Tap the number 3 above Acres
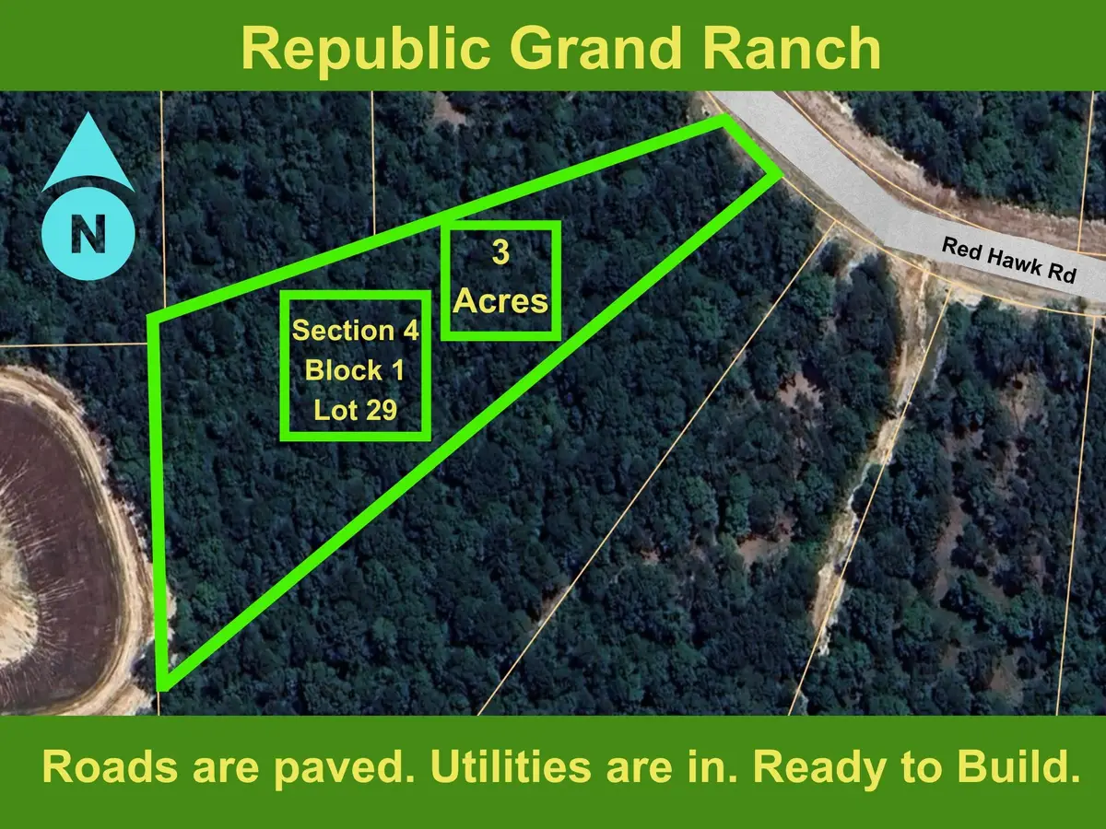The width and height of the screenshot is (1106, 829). tap(500, 254)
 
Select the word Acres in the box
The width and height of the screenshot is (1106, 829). tap(500, 300)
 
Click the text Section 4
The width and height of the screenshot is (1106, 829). tap(355, 331)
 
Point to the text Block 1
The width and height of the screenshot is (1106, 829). tap(355, 370)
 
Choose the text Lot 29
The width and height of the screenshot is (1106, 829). tap(355, 410)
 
